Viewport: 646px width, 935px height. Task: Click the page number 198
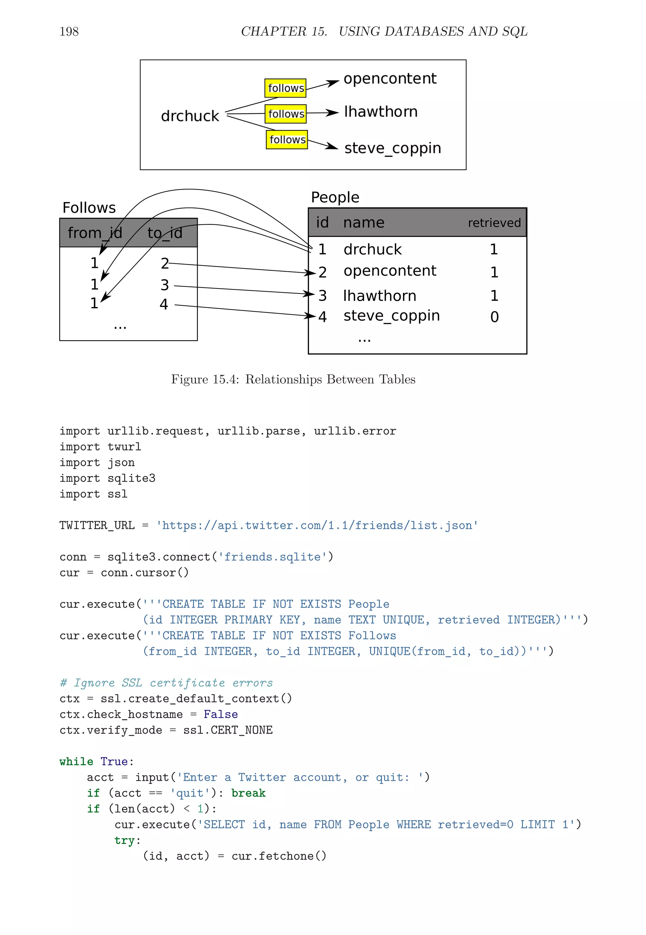tap(69, 31)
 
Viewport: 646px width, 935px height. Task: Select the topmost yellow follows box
tap(285, 88)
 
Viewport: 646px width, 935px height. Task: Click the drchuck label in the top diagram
tap(190, 116)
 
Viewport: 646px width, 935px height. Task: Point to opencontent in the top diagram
tap(390, 79)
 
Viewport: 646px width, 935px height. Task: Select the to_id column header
tap(165, 233)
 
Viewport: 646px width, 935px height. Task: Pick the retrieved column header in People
tap(494, 223)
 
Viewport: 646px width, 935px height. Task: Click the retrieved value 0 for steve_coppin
tap(494, 317)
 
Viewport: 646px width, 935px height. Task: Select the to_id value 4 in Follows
tap(163, 304)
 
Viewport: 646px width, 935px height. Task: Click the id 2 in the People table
tap(322, 272)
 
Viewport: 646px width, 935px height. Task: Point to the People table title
tap(335, 197)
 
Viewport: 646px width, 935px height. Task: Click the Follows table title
tap(89, 208)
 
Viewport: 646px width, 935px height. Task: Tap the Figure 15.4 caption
tap(293, 379)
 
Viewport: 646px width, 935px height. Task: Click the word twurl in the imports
tap(124, 447)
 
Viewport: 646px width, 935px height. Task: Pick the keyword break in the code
tap(248, 793)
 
